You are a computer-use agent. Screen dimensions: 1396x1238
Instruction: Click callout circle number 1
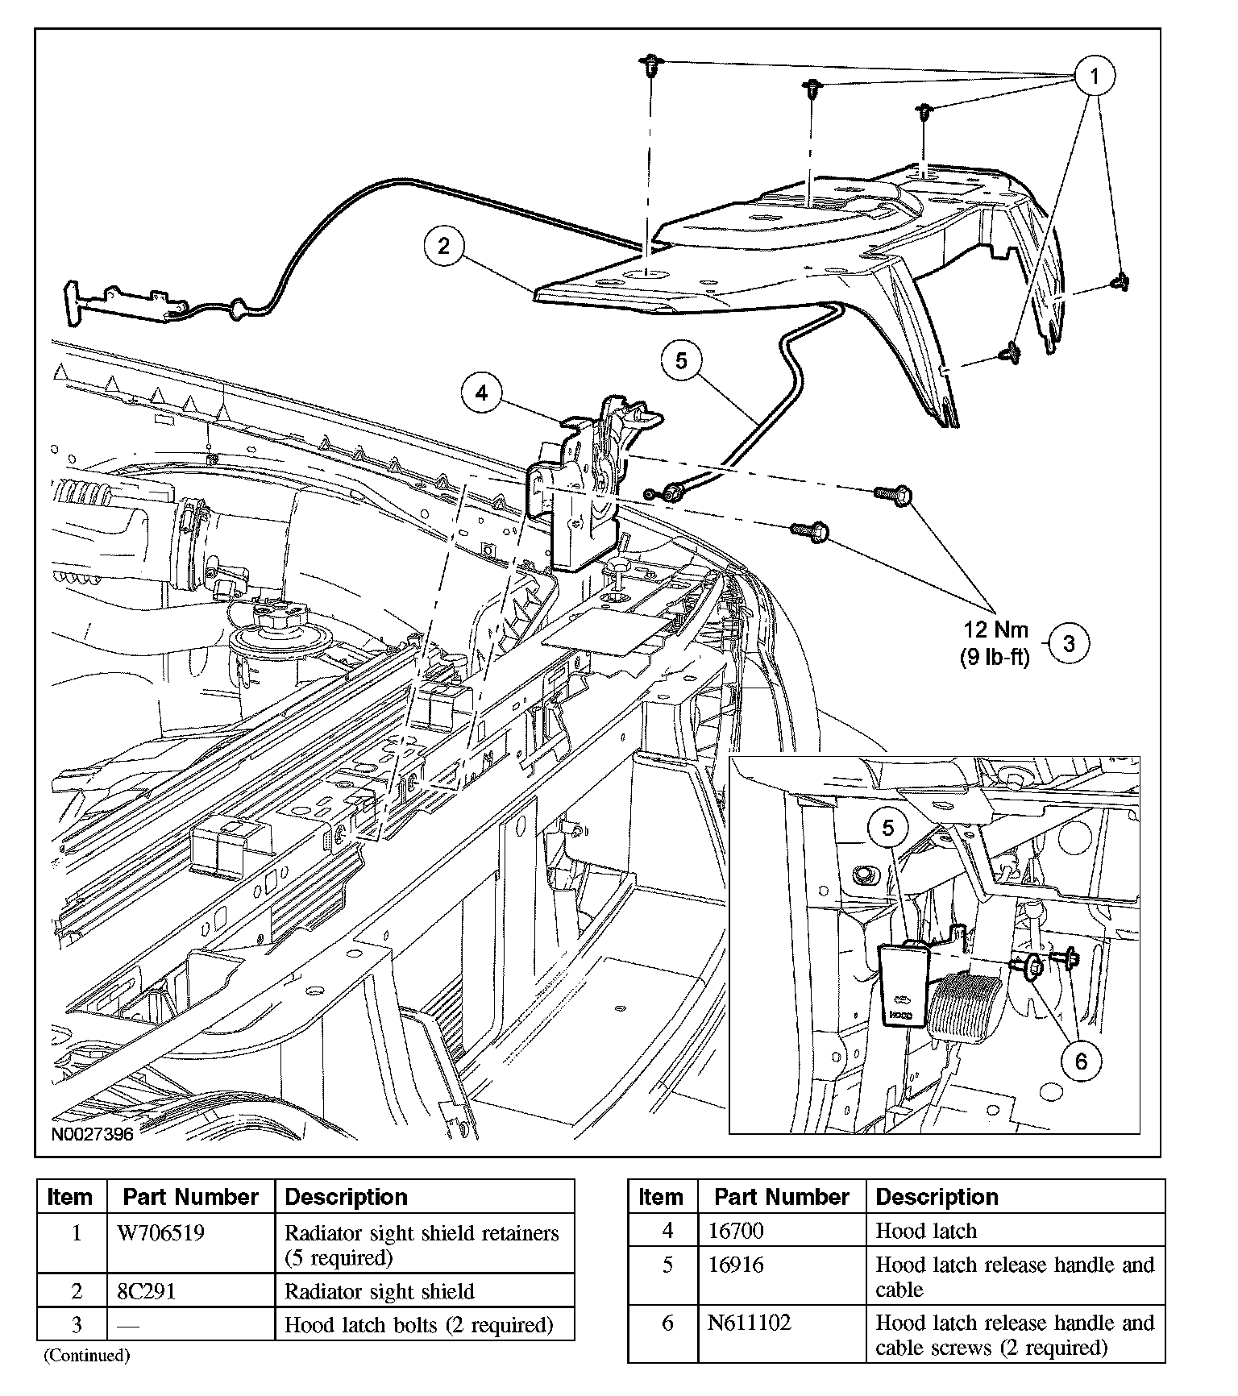1094,77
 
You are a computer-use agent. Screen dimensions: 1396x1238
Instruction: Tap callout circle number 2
444,245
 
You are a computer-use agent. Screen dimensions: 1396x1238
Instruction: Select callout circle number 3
1069,643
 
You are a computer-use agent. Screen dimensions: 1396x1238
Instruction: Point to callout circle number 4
481,393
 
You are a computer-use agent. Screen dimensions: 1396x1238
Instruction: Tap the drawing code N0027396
93,1134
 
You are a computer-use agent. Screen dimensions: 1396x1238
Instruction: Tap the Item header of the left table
71,1197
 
